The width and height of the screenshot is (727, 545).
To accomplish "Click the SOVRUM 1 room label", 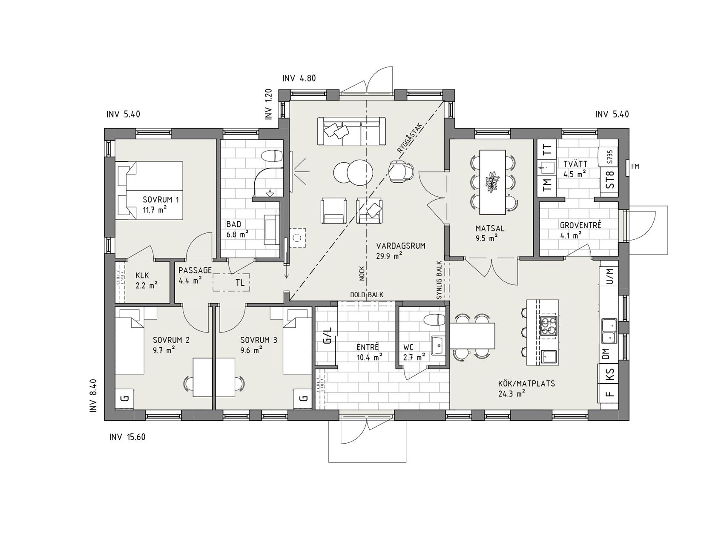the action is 155,199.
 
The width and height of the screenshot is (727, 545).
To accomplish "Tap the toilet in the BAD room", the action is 272,156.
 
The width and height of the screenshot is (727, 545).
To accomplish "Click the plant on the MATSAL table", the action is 493,181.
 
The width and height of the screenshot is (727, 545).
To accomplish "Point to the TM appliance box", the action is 547,184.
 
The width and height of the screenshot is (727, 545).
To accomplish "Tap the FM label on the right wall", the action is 635,166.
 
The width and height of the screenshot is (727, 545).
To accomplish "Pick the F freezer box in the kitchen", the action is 609,394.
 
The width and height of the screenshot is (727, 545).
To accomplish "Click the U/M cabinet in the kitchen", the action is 609,277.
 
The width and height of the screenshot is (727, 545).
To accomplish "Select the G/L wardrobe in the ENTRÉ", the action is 327,335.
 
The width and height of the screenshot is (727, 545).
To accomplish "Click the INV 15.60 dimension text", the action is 127,437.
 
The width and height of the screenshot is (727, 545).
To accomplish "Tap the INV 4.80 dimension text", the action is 299,78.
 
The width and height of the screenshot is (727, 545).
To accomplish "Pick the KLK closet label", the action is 142,275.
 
